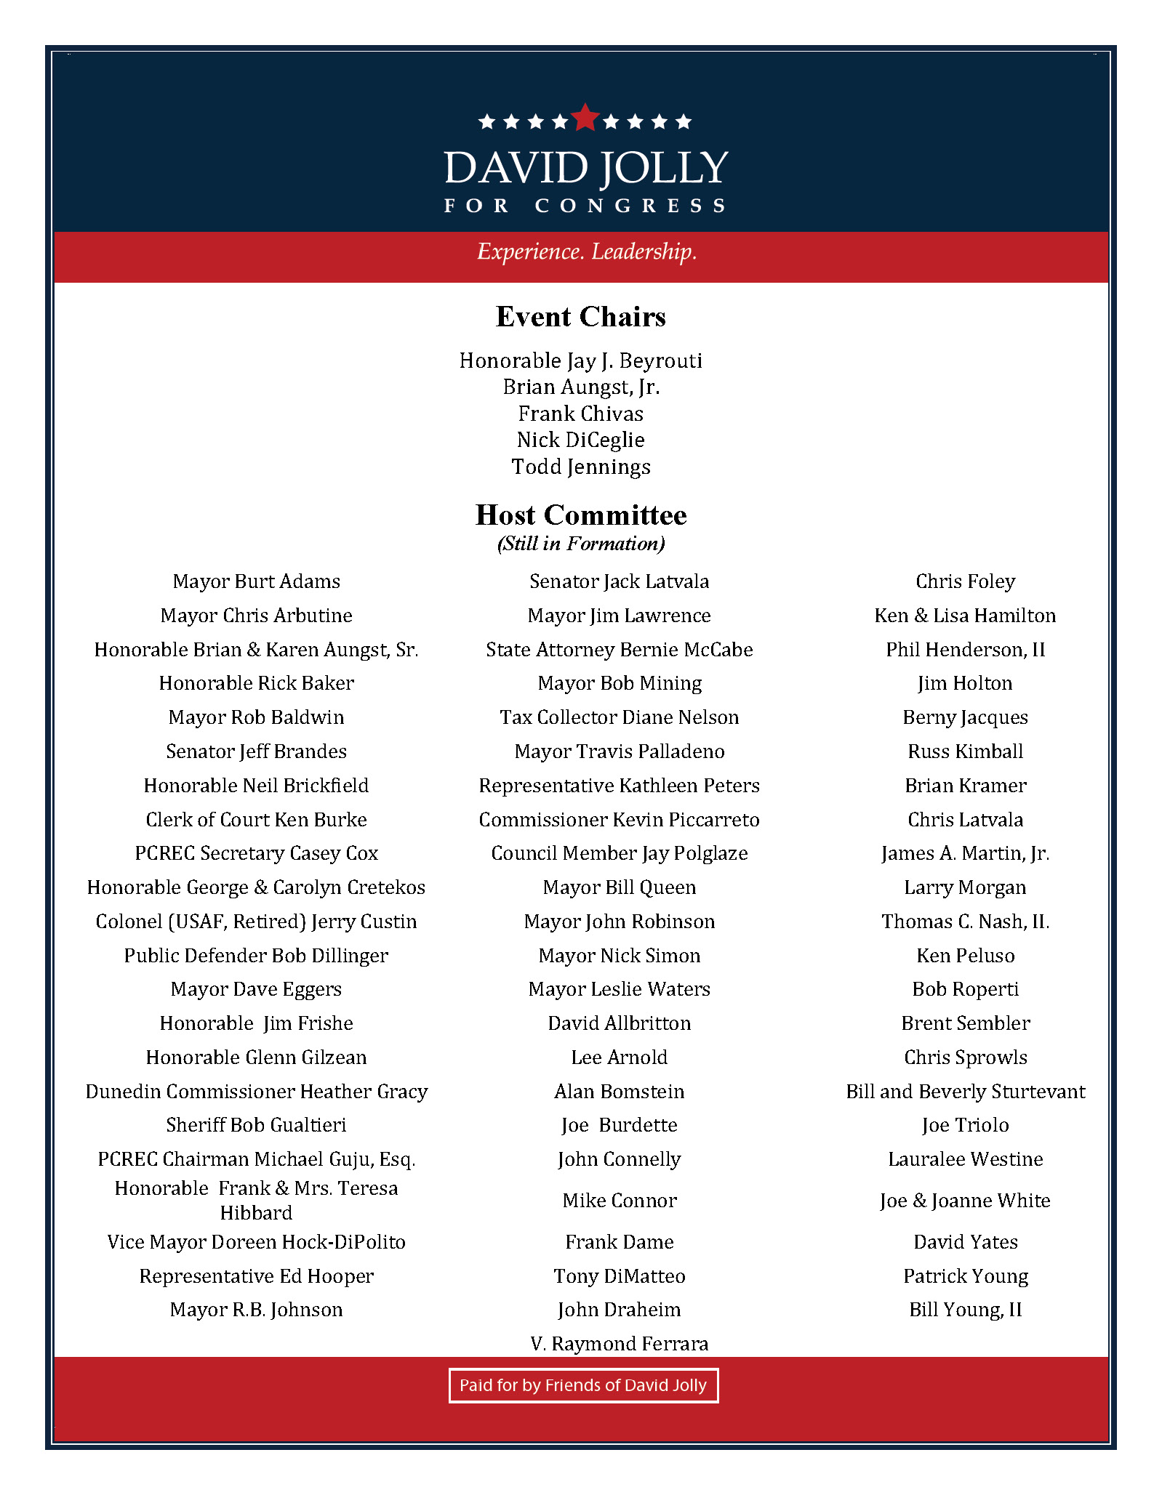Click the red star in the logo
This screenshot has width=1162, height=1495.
[x=585, y=118]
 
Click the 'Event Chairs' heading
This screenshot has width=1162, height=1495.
[x=580, y=317]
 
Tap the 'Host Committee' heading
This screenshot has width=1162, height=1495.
[x=580, y=515]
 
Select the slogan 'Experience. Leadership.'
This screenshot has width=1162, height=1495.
[x=587, y=251]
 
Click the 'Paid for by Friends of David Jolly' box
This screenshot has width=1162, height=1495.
[x=583, y=1385]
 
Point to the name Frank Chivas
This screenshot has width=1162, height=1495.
[x=580, y=414]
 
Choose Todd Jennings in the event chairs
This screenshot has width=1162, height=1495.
[x=580, y=467]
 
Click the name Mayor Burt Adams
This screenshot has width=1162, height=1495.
[x=256, y=581]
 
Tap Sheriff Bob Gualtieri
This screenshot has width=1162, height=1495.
[x=256, y=1125]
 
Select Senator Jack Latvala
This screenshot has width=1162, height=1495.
[x=619, y=581]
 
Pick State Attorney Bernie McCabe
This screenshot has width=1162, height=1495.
[x=619, y=650]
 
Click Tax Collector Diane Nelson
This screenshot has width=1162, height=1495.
[x=619, y=717]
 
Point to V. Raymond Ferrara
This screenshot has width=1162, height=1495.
[x=619, y=1344]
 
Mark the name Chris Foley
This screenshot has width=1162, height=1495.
[x=965, y=581]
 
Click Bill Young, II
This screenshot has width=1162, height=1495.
[x=965, y=1310]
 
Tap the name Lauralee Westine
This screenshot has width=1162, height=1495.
[x=965, y=1159]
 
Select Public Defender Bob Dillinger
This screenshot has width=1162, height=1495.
[x=256, y=956]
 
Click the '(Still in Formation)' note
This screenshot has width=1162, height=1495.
[x=580, y=544]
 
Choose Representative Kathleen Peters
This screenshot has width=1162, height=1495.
[x=619, y=786]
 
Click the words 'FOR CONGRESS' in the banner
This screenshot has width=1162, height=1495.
[x=585, y=206]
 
